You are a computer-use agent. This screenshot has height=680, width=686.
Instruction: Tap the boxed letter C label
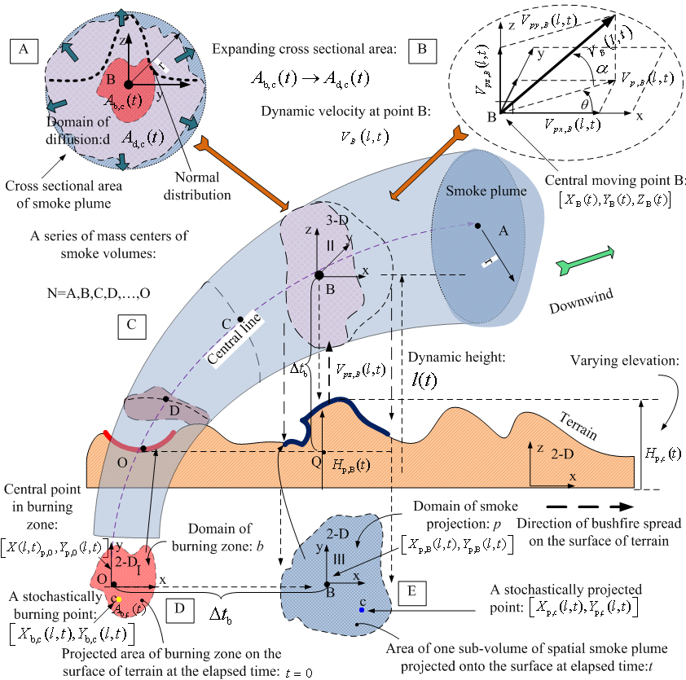[x=131, y=326]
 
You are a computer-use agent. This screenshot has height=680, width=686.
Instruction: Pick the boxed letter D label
[x=178, y=607]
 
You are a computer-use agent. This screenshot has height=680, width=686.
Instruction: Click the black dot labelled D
[x=165, y=399]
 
